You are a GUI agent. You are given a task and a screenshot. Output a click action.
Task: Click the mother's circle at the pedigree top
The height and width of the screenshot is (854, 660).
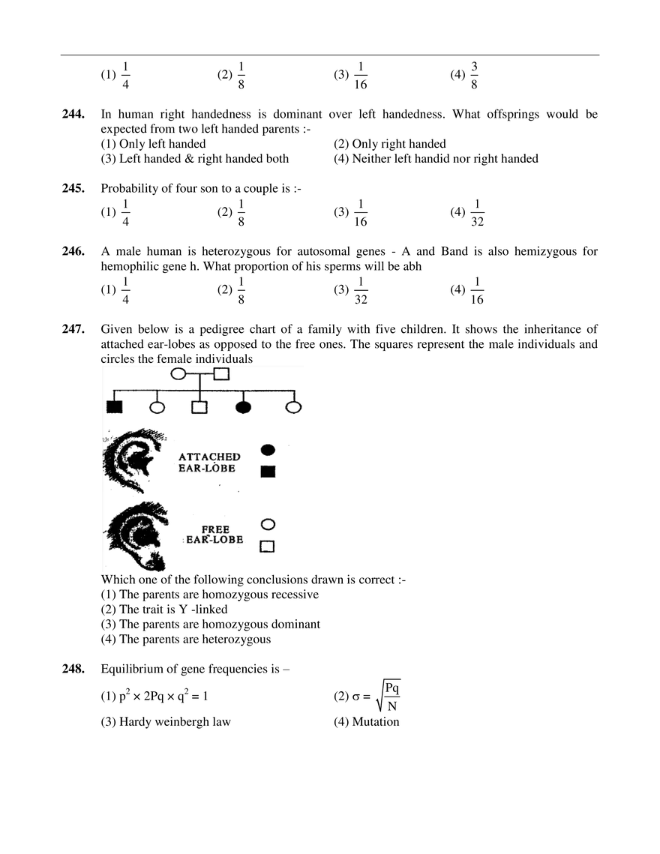click(x=178, y=373)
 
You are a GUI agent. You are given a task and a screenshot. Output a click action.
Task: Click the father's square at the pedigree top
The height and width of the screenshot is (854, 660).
click(x=222, y=373)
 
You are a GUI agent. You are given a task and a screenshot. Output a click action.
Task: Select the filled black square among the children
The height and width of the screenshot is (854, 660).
click(x=114, y=407)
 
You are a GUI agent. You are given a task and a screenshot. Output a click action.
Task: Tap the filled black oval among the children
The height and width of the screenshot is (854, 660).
click(x=243, y=407)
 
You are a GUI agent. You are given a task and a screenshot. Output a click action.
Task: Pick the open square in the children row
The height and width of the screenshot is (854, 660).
click(x=199, y=407)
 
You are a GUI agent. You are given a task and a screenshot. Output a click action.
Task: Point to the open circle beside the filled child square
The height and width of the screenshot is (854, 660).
click(x=157, y=407)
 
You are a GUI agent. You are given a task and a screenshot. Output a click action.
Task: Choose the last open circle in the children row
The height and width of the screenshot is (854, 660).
click(x=294, y=407)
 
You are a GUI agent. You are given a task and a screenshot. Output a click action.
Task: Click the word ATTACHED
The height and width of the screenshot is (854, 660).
click(x=209, y=456)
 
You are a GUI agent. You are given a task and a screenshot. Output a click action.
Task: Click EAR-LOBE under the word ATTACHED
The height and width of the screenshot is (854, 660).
click(x=209, y=468)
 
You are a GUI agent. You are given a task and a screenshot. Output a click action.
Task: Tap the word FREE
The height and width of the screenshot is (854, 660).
click(x=216, y=529)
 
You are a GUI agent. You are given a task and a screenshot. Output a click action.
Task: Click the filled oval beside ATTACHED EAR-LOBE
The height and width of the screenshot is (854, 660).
click(x=268, y=449)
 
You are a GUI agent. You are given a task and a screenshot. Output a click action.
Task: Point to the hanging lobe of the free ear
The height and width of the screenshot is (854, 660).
click(x=154, y=559)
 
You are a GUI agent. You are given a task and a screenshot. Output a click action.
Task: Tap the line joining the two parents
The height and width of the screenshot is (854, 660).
click(x=199, y=373)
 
